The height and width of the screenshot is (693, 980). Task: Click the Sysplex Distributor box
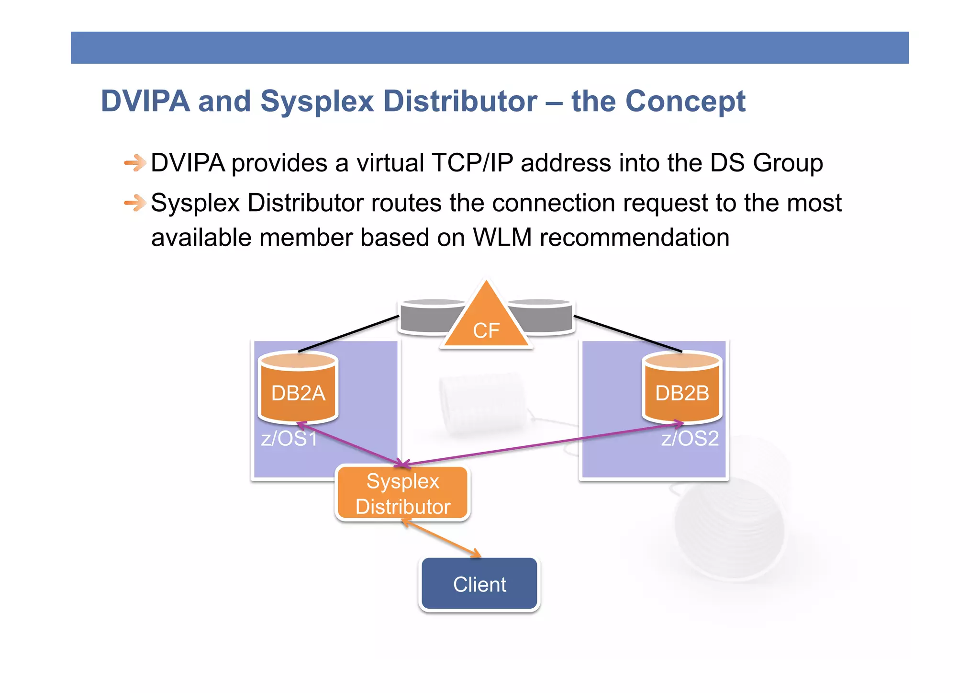(403, 494)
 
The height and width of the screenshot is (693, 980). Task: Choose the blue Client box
(479, 584)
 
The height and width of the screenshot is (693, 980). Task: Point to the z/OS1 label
(289, 439)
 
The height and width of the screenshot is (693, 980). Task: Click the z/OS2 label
(690, 439)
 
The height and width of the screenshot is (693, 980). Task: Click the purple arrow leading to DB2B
(541, 444)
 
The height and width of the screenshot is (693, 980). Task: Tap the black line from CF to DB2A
(348, 334)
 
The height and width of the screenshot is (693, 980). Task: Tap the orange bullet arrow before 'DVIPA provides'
(134, 163)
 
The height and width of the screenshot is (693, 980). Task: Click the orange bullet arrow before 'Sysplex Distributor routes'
(134, 203)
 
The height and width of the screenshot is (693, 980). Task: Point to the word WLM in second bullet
(502, 238)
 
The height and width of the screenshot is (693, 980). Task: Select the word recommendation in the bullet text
(634, 238)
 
